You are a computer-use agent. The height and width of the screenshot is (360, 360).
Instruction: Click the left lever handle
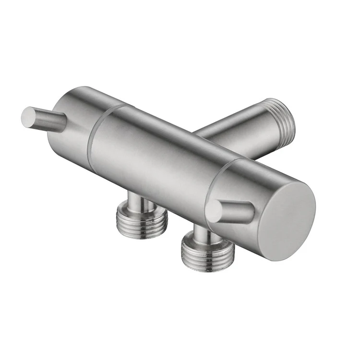point(46,120)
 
